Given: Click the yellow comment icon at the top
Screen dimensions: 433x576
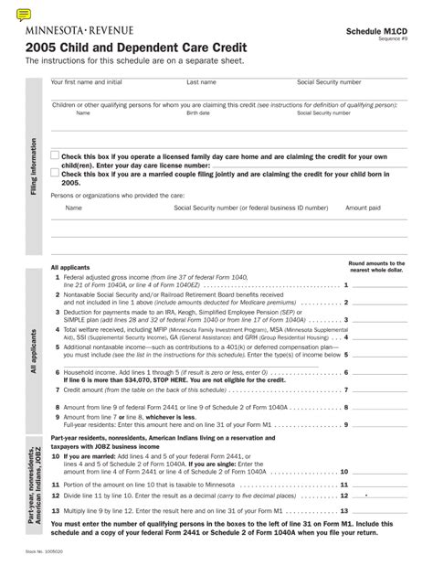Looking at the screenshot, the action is click(x=24, y=13).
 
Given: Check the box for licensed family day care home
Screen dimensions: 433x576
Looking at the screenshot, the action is click(x=55, y=156).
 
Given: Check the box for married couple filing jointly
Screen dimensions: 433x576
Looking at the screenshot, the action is click(x=55, y=172).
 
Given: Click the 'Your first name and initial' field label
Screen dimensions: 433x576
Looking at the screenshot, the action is click(x=86, y=82).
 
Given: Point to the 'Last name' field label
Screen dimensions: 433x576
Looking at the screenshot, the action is click(x=201, y=82).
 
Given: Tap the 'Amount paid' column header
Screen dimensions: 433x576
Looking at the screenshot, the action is click(x=363, y=208).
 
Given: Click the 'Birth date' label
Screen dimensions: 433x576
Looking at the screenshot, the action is click(x=198, y=113).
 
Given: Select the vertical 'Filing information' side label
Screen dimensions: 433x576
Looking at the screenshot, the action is click(x=35, y=165).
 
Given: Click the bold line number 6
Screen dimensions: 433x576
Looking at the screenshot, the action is click(x=57, y=372).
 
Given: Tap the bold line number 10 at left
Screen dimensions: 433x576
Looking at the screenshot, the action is click(x=56, y=454).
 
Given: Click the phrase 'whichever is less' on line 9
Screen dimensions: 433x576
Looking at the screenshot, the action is click(x=173, y=417).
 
